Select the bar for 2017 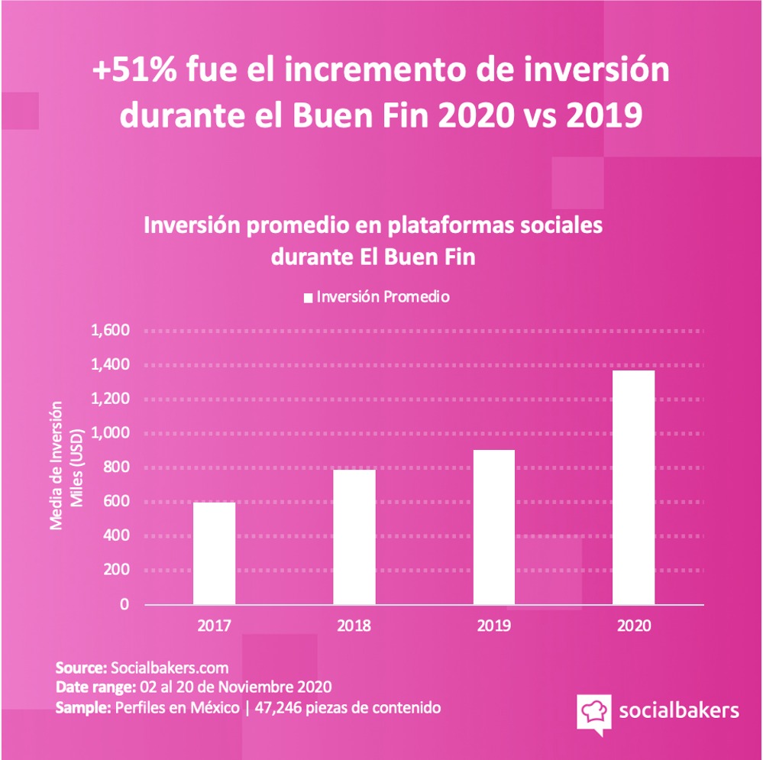pyautogui.click(x=214, y=553)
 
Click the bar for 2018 pyautogui.click(x=354, y=536)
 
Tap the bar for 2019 pyautogui.click(x=494, y=527)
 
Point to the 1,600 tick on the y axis pyautogui.click(x=111, y=331)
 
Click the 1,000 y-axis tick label pyautogui.click(x=111, y=433)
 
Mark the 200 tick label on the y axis pyautogui.click(x=116, y=570)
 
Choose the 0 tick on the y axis pyautogui.click(x=124, y=604)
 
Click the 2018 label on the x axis pyautogui.click(x=354, y=626)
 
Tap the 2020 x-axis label pyautogui.click(x=634, y=626)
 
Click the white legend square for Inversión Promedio pyautogui.click(x=309, y=297)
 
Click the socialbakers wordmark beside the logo pyautogui.click(x=678, y=710)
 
